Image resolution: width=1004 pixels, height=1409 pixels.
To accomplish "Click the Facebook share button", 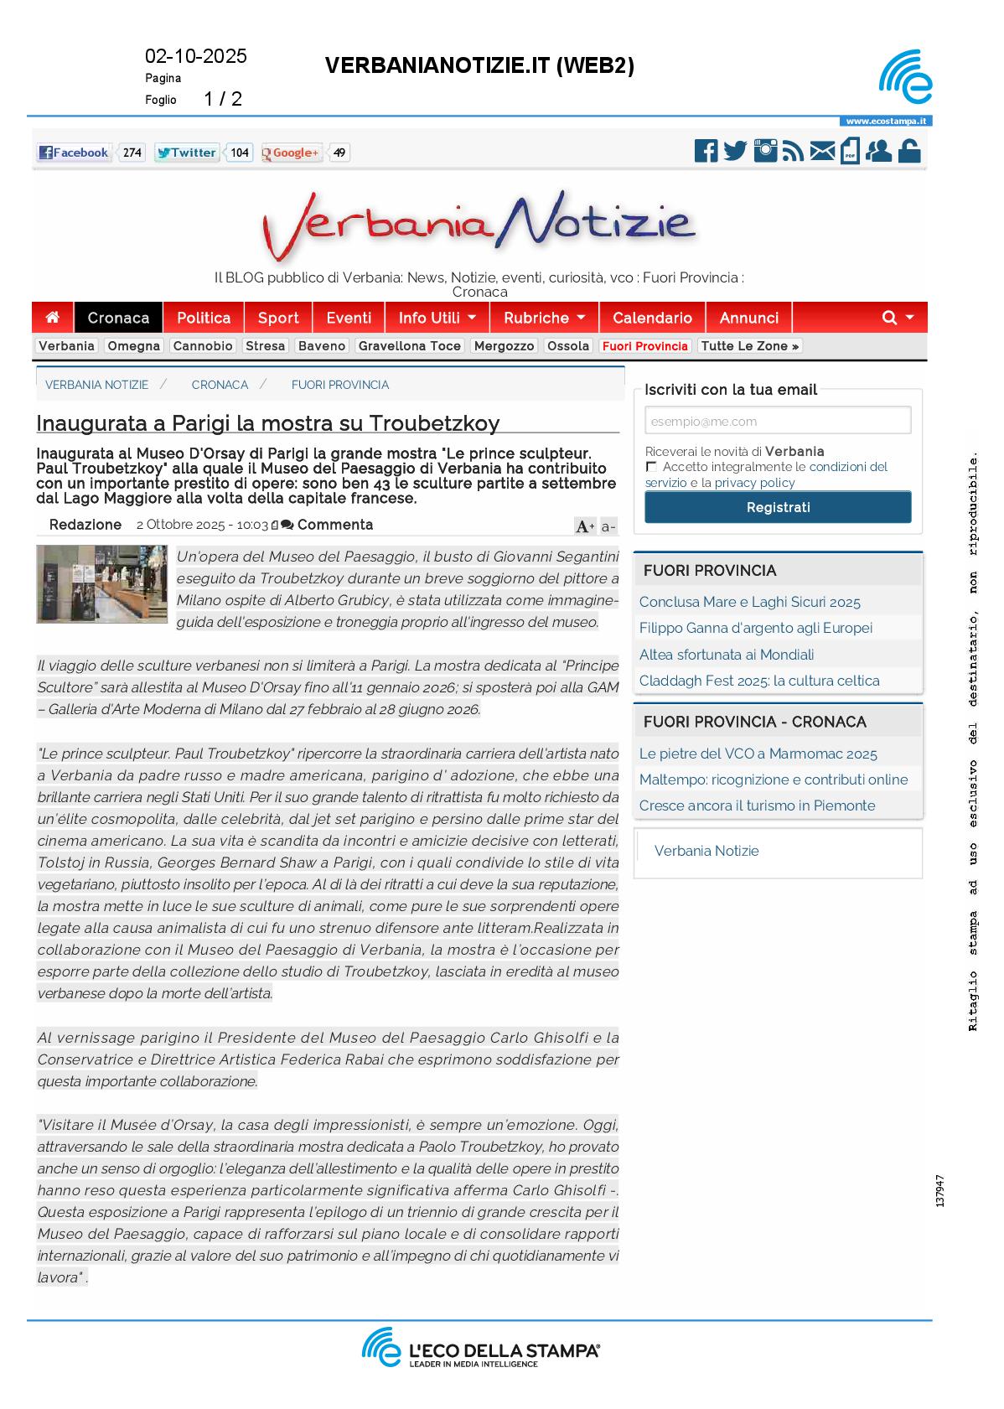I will (x=74, y=153).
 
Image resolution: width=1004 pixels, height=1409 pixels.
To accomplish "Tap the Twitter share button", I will (x=186, y=153).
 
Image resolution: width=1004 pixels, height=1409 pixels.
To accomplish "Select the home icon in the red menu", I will (x=53, y=318).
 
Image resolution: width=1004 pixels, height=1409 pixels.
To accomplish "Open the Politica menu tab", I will (x=204, y=318).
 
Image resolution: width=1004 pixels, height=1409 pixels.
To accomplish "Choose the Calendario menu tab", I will (x=652, y=318).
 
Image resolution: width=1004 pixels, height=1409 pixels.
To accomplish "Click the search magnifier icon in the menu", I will (x=889, y=318).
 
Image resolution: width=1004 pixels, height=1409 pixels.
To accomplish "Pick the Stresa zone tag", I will (x=265, y=346).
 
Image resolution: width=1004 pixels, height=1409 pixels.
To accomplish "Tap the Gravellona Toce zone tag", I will (x=409, y=346).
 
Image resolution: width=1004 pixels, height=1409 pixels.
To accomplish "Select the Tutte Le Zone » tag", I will (x=749, y=346).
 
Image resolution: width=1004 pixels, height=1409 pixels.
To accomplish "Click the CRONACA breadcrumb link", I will (x=220, y=385).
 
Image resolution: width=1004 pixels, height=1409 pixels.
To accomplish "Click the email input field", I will (x=777, y=421).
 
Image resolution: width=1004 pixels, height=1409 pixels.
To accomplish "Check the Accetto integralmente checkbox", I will (x=651, y=467).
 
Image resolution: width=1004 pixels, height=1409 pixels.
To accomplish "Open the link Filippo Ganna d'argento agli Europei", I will (x=755, y=628).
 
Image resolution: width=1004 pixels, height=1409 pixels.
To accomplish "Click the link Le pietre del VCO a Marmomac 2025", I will (x=758, y=754).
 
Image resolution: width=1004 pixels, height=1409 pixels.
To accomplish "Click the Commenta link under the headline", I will (x=334, y=525).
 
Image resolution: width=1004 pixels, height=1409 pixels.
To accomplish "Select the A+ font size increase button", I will (x=584, y=526).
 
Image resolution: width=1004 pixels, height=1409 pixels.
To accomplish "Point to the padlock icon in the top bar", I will (x=909, y=151).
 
